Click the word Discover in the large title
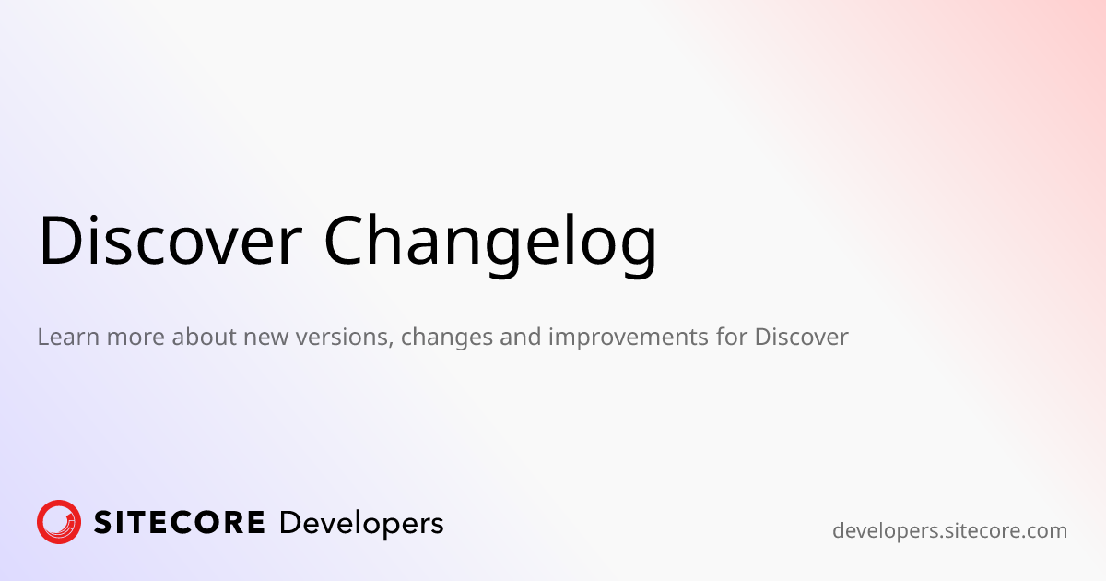coord(171,242)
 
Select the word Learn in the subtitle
coord(68,337)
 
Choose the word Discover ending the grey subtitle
coord(801,337)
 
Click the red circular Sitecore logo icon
coord(59,522)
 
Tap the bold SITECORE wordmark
coord(180,523)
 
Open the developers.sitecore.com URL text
coord(949,531)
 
